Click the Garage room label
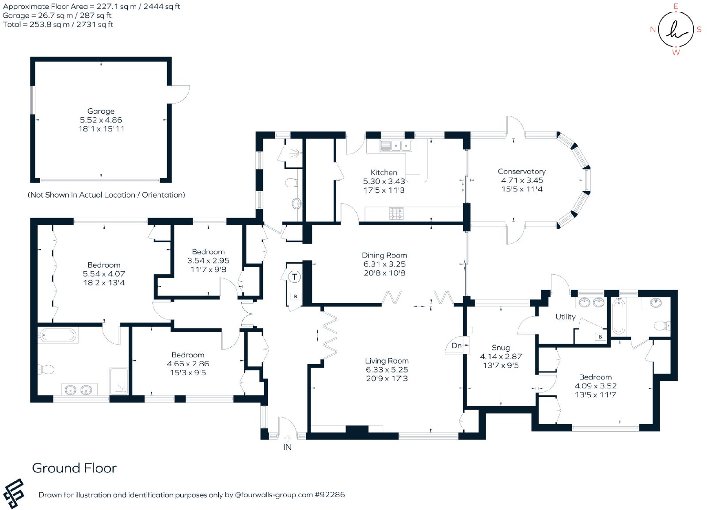101,111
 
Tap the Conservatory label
521,172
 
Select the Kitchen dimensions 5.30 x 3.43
384,181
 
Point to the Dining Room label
384,255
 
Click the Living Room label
387,361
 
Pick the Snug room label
501,348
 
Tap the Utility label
565,317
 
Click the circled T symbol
294,277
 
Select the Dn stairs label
456,346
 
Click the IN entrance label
287,447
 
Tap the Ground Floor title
75,468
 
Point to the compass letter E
676,6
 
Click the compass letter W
676,53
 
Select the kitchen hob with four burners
396,213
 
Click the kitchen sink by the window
396,146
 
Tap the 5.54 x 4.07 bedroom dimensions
104,274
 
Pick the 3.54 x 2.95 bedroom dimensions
208,261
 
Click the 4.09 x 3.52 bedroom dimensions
596,386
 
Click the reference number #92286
330,495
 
